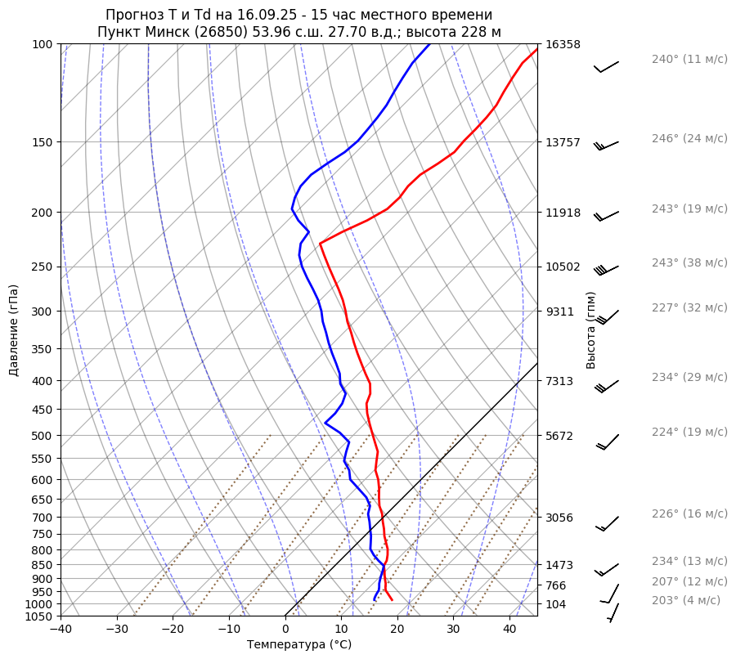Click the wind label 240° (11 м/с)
click(689, 60)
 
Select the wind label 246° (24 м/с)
click(689, 139)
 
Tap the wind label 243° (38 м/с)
click(689, 263)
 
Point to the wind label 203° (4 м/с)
click(686, 601)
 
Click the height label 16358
click(563, 44)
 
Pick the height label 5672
click(559, 436)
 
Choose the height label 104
click(556, 604)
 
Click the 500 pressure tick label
click(43, 436)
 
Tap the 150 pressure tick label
click(43, 142)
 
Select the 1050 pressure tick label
click(39, 616)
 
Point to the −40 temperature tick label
click(61, 629)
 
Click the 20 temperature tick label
click(397, 629)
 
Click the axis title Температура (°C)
click(299, 645)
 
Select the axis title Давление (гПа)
click(14, 330)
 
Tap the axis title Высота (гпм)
click(591, 330)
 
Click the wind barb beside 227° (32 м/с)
click(608, 316)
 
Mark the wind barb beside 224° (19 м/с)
click(608, 442)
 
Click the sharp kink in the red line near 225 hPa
click(321, 243)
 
